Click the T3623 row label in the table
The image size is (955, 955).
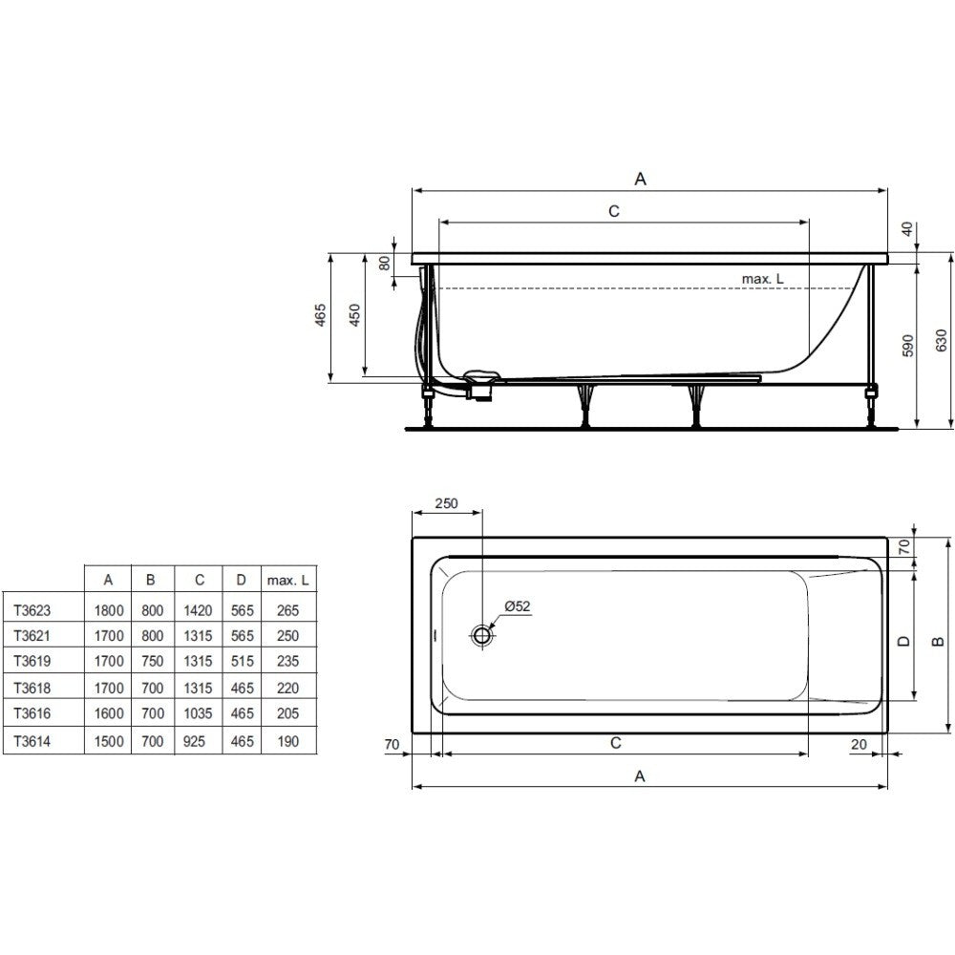click(x=32, y=610)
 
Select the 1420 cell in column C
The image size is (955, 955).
click(x=198, y=610)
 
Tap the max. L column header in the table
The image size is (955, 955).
click(x=288, y=581)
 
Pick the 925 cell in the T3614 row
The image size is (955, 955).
click(x=194, y=742)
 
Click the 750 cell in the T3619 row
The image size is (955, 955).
click(x=152, y=662)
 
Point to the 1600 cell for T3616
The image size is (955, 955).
click(x=109, y=713)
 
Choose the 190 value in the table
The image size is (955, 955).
click(x=288, y=742)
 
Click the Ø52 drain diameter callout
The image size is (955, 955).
click(x=518, y=606)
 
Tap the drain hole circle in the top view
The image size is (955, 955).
click(x=481, y=635)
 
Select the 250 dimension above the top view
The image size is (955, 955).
click(x=446, y=503)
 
